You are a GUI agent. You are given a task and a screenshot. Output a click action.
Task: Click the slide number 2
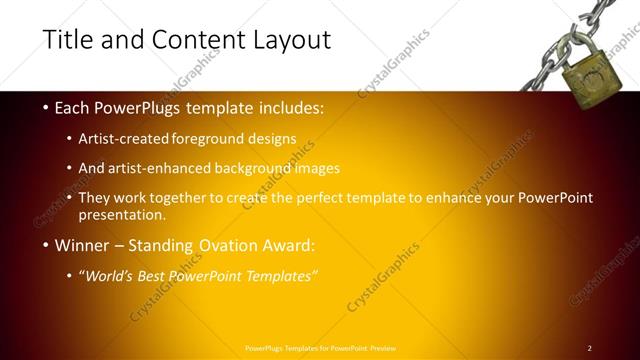(589, 348)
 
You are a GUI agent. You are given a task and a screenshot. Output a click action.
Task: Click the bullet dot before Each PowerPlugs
(44, 107)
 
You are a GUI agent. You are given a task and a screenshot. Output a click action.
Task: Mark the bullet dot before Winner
(44, 245)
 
